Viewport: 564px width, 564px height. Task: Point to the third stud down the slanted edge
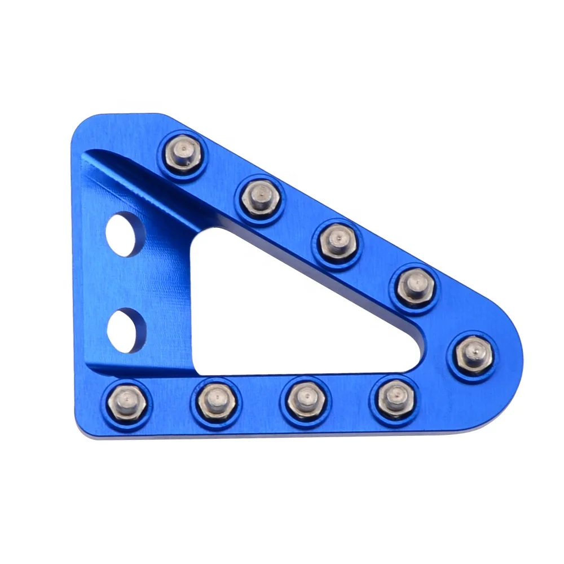[337, 241]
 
